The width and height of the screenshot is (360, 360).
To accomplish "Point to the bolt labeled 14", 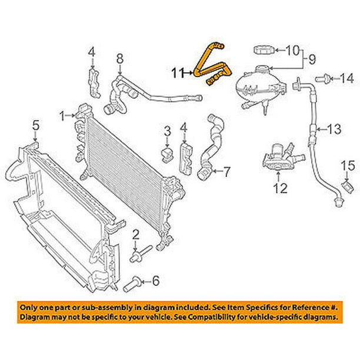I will (x=323, y=77).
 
